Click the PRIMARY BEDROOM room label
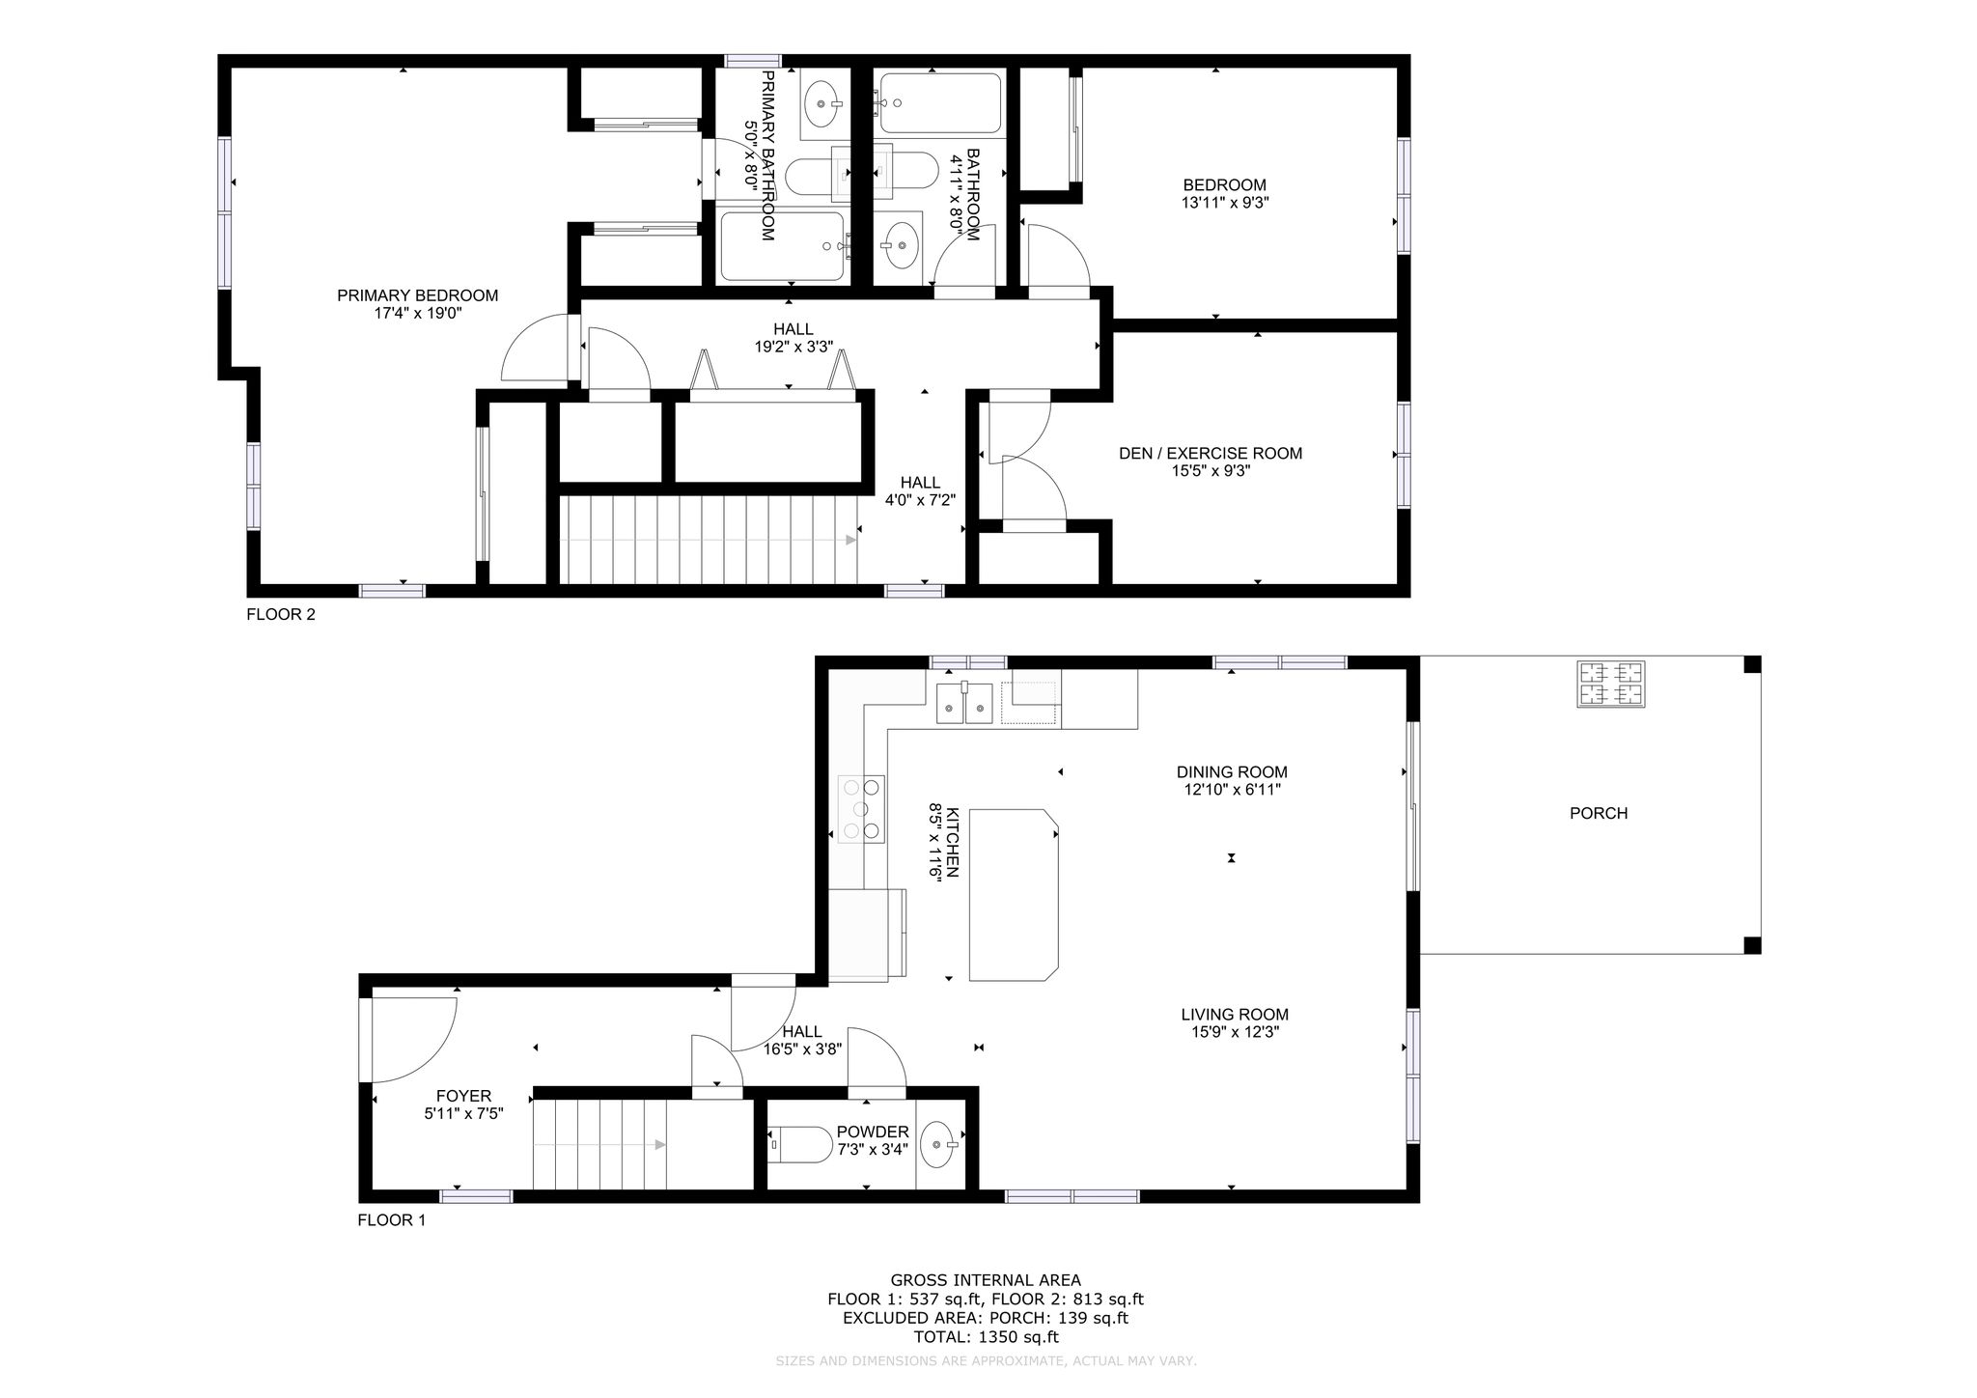click(x=417, y=295)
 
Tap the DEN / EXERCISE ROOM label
click(x=1211, y=453)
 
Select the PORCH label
click(x=1599, y=813)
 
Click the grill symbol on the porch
click(x=1611, y=684)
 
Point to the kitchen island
click(x=1014, y=895)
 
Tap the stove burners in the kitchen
click(x=862, y=808)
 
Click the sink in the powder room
click(x=938, y=1145)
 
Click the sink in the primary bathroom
click(x=823, y=103)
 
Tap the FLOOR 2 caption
click(x=281, y=614)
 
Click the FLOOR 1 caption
click(x=392, y=1219)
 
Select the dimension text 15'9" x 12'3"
click(x=1235, y=1032)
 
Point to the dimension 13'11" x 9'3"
click(x=1225, y=203)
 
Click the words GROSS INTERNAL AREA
click(x=986, y=1280)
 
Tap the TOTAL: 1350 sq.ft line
click(x=986, y=1337)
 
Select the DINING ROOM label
click(x=1232, y=771)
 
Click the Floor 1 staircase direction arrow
click(x=599, y=1145)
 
